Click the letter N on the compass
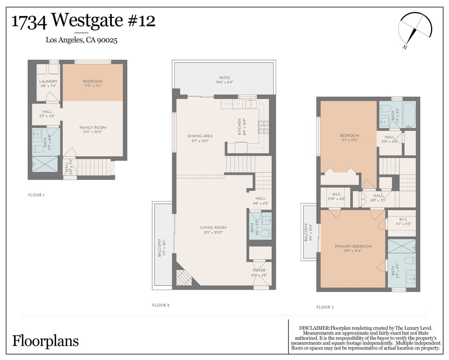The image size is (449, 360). tap(405, 47)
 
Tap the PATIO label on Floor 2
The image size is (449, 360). tap(224, 78)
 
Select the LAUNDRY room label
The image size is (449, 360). tap(48, 81)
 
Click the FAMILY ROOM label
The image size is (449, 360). tap(93, 127)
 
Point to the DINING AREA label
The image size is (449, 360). tap(200, 136)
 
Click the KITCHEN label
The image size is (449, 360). tap(239, 127)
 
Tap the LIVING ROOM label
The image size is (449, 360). tap(213, 228)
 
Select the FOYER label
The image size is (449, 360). tap(259, 270)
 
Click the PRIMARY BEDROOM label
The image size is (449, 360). tap(353, 246)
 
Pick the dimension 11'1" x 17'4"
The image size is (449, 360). tap(349, 140)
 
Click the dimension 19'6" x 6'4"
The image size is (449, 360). tap(224, 82)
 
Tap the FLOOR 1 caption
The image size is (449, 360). tap(36, 195)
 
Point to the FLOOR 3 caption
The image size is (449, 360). tap(325, 307)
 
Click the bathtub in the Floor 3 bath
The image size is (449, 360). tap(409, 114)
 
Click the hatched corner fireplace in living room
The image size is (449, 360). tap(184, 278)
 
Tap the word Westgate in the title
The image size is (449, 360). tap(87, 20)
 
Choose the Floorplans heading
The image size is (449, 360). tap(46, 341)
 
